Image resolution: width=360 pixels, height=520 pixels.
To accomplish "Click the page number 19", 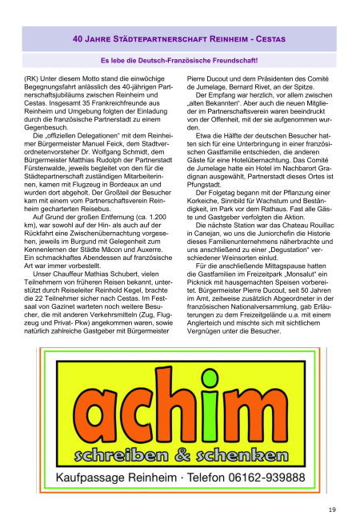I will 331,487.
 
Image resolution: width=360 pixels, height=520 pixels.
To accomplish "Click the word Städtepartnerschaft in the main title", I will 156,38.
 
